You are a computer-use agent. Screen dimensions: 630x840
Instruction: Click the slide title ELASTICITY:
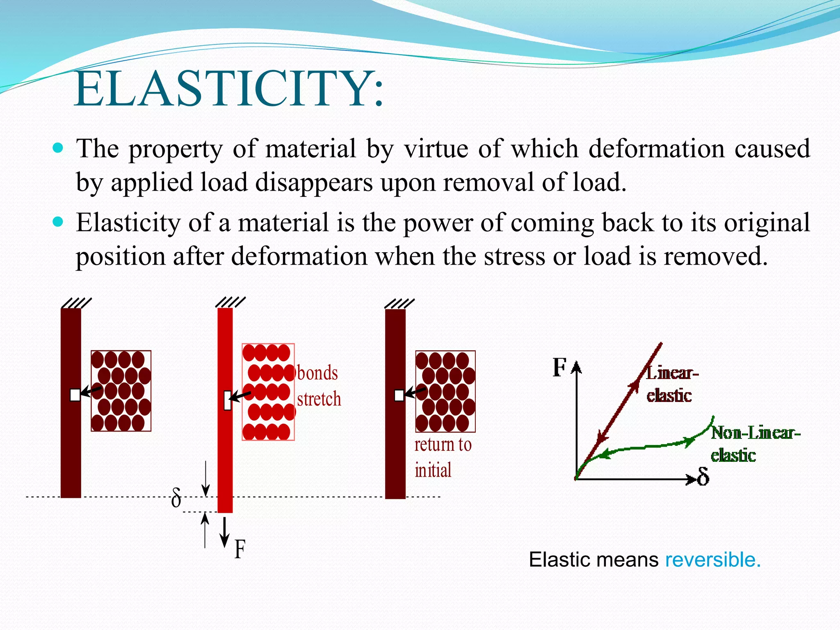229,89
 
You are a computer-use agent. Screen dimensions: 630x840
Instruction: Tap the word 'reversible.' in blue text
712,560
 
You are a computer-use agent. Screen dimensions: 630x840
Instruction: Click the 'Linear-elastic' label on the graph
671,384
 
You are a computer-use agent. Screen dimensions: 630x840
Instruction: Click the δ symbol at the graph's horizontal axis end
703,477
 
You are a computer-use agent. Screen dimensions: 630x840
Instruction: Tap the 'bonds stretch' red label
318,386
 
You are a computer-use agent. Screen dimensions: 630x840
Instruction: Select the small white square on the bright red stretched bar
228,400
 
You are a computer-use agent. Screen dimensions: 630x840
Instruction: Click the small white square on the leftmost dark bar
75,395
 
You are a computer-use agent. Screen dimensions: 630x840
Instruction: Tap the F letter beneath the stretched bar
240,549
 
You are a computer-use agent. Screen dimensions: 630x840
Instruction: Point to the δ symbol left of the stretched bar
176,498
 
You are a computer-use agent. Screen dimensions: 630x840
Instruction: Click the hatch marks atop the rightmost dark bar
399,304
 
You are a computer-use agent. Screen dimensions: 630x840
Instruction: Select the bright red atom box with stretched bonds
268,392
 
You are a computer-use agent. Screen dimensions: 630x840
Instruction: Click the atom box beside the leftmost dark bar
121,391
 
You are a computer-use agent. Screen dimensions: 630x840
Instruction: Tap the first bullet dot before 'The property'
58,148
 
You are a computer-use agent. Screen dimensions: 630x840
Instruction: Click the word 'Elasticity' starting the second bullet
128,223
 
